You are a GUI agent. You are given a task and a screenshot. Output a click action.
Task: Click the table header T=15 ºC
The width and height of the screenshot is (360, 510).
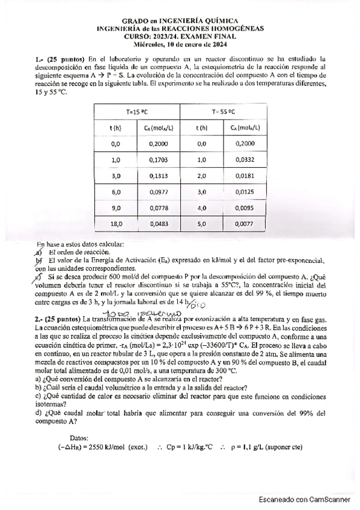137,111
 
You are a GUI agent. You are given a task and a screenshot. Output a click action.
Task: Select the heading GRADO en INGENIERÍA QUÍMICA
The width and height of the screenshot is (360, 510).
180,20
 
